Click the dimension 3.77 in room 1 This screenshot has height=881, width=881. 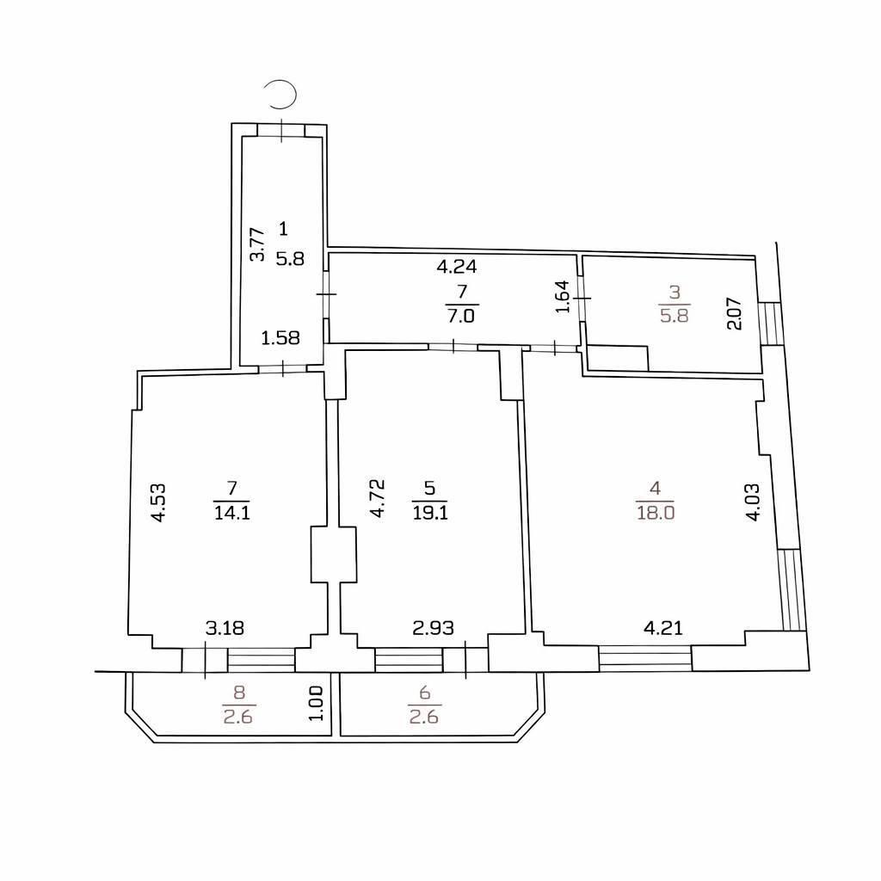[256, 244]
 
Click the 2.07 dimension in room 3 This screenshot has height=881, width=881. [732, 313]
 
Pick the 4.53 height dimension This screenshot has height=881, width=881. [158, 503]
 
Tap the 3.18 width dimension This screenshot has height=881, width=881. [224, 628]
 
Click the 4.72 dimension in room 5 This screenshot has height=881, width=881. [377, 498]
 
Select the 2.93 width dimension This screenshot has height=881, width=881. [433, 628]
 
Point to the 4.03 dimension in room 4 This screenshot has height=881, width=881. [753, 503]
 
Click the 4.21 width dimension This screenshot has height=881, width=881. [663, 628]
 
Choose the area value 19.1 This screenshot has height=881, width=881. [429, 514]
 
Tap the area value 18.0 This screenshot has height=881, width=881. [655, 514]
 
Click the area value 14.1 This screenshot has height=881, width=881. [231, 514]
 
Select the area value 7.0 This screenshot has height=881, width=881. [462, 315]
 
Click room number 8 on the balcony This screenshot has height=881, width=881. [239, 690]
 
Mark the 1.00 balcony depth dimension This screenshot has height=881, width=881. [316, 702]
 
